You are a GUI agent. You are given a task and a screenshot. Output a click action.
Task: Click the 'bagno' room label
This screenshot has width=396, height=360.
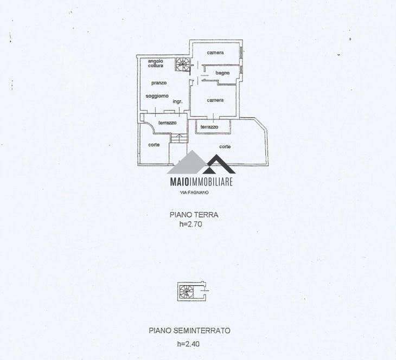222,73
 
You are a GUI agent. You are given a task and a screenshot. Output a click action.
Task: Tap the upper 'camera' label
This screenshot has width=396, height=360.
215,53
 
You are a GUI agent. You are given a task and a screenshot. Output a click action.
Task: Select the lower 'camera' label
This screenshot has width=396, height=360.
215,100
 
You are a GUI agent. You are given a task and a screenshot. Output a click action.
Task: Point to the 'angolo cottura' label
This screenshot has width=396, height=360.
156,63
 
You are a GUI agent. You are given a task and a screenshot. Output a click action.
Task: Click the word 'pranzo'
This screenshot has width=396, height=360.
159,83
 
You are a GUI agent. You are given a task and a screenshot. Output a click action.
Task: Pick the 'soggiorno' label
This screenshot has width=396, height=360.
157,96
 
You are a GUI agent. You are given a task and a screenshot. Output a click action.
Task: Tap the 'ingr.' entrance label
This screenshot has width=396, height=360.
177,101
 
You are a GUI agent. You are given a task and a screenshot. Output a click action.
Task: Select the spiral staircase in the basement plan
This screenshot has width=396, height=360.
187,292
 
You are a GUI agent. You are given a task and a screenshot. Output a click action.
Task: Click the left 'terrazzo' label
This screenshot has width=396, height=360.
168,123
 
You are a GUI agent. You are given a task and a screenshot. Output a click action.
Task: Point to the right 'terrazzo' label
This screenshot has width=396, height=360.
209,127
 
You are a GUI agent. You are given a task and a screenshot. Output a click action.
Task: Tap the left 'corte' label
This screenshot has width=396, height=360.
154,145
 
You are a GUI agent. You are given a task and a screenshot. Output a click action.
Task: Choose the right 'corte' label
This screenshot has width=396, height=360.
225,146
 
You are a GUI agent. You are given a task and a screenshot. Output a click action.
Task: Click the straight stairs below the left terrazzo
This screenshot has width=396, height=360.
179,138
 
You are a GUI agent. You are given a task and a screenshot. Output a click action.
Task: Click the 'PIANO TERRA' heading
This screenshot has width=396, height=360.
194,215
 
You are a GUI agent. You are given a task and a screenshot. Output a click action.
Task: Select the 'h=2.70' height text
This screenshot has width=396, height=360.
190,224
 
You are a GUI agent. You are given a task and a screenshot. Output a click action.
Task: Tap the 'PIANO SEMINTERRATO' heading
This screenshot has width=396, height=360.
189,331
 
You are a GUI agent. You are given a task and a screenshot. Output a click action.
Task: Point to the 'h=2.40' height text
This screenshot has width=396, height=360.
188,344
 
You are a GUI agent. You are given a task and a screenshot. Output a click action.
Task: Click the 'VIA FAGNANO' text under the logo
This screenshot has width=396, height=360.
194,192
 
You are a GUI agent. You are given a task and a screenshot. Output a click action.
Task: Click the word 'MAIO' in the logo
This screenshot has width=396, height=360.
180,182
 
